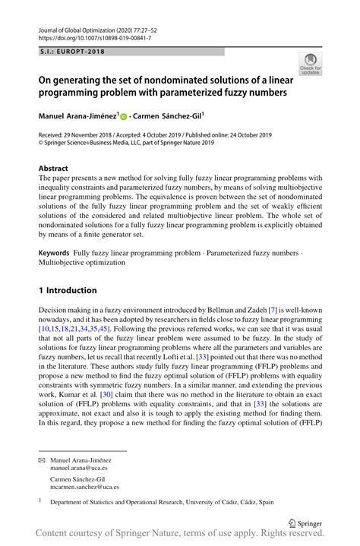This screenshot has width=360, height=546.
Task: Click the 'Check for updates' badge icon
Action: coord(310,65)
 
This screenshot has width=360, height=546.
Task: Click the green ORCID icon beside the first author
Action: coord(123,118)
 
